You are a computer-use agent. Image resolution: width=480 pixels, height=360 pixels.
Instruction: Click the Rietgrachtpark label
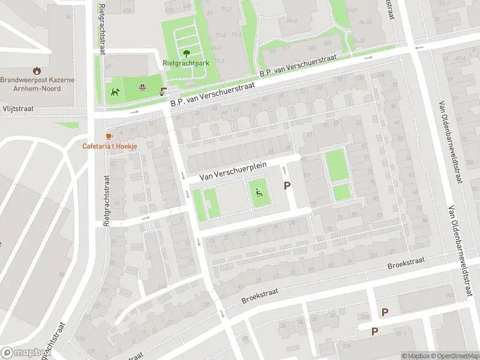tap(185, 62)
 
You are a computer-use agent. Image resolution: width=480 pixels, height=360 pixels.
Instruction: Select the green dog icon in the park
tap(115, 92)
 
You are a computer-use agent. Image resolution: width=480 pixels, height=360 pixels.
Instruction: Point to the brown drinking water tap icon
tap(163, 91)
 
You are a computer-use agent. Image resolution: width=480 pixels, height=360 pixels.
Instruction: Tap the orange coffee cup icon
tap(109, 137)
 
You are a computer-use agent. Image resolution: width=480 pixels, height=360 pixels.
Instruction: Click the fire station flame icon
tap(37, 70)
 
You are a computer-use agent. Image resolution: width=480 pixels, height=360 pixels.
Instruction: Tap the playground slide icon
tap(259, 193)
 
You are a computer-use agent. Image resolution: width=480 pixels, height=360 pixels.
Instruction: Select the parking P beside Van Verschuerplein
tap(287, 186)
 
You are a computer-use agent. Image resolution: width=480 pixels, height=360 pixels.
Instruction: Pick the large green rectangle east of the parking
tap(337, 165)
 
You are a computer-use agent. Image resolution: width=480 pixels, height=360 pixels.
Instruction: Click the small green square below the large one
tap(341, 192)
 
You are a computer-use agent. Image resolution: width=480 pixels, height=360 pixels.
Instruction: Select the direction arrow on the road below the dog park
tap(134, 112)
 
